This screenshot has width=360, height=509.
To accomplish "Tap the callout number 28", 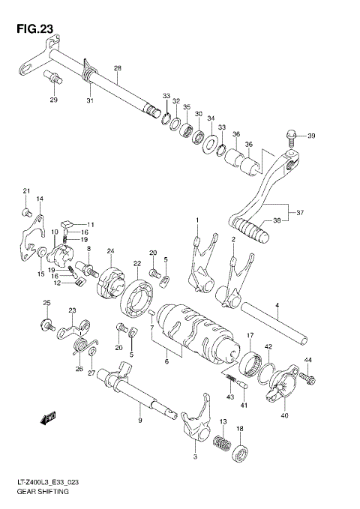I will (117, 68).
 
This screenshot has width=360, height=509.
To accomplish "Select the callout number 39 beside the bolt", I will (311, 135).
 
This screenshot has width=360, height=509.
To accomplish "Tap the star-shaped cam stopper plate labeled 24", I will (111, 280).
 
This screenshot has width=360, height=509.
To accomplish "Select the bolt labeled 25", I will (46, 325).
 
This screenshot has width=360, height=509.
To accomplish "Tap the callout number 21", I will (25, 190).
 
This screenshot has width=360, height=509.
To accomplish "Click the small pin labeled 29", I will (54, 77).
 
